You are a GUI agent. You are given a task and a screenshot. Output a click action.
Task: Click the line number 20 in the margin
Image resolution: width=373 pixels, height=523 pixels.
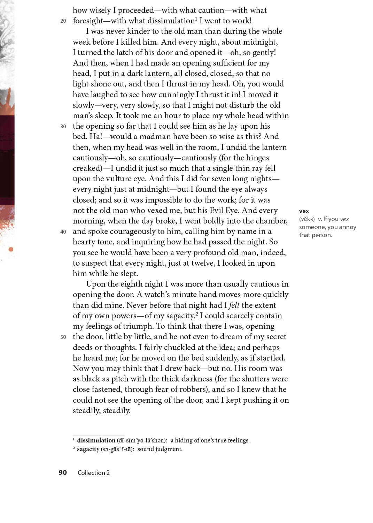coord(63,21)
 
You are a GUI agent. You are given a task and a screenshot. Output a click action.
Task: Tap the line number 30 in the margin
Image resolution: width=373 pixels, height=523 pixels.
coord(63,126)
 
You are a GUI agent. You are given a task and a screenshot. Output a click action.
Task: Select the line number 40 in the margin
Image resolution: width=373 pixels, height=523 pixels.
coord(63,232)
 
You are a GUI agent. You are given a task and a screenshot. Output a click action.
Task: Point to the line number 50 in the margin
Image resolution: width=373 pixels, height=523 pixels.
coord(63,337)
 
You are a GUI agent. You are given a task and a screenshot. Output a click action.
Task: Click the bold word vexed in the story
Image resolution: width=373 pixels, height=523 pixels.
coord(157,210)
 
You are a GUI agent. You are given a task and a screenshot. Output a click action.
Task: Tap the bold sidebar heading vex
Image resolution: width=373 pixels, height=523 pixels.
coord(304,211)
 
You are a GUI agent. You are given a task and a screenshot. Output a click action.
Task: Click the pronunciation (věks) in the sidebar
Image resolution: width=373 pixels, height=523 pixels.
coord(306,219)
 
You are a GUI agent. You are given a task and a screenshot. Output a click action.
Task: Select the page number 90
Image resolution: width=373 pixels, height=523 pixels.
coord(63,472)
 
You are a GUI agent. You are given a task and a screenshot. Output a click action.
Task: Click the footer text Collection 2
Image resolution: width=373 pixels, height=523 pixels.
coord(93,473)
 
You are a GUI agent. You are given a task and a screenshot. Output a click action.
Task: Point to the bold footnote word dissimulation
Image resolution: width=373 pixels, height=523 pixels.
coord(96,440)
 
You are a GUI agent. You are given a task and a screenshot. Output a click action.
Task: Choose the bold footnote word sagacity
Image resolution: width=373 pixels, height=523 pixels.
coord(88,449)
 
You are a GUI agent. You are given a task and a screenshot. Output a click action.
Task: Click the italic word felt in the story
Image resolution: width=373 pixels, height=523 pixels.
coord(234,305)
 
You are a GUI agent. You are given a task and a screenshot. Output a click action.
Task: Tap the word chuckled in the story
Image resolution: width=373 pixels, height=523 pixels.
coord(170,347)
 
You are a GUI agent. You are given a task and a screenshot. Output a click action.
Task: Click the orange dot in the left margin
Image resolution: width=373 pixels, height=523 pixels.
coord(11,249)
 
